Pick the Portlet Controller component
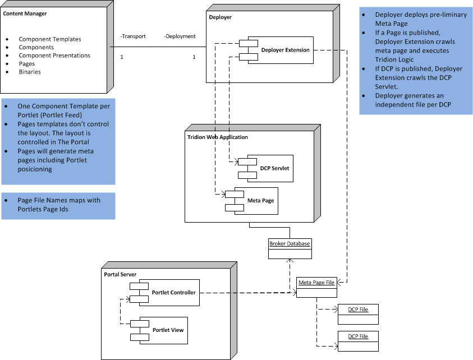(169, 292)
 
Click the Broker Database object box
(290, 248)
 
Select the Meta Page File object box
(316, 287)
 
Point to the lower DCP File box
(357, 340)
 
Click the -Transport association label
(133, 36)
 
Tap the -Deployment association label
(180, 36)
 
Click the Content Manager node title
(25, 13)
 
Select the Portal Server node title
(121, 274)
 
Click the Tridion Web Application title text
(217, 137)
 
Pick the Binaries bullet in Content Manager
(30, 72)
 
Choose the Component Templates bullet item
(50, 39)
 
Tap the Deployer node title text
(220, 17)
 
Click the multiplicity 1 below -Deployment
(194, 57)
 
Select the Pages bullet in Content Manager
(27, 64)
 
